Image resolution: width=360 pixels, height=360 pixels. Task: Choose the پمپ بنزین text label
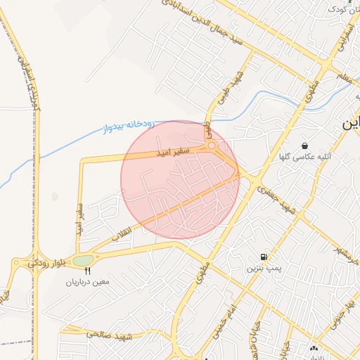point(263,269)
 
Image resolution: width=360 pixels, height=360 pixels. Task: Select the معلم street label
point(344,75)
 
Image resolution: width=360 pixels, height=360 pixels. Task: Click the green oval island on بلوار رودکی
point(82,261)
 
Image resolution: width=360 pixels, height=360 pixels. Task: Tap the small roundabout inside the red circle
point(212,146)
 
